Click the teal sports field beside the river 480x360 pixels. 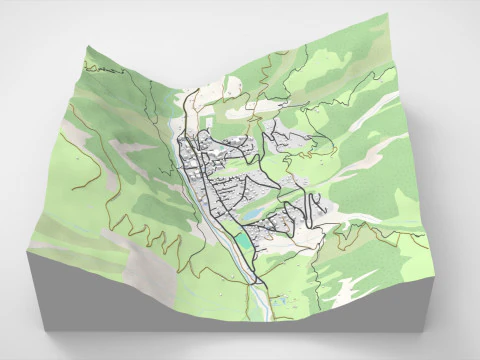click(244, 242)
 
